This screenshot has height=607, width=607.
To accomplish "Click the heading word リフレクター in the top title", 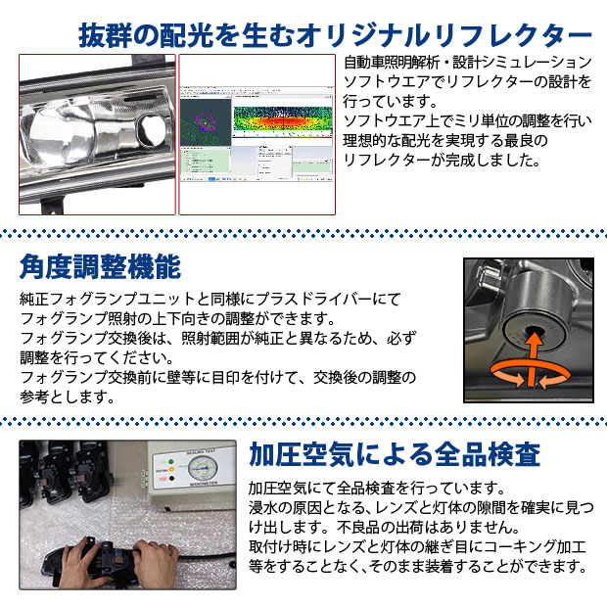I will coord(510,35).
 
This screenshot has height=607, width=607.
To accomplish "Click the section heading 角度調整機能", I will coord(100,267).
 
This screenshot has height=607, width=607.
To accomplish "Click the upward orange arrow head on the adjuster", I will coord(533,340).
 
